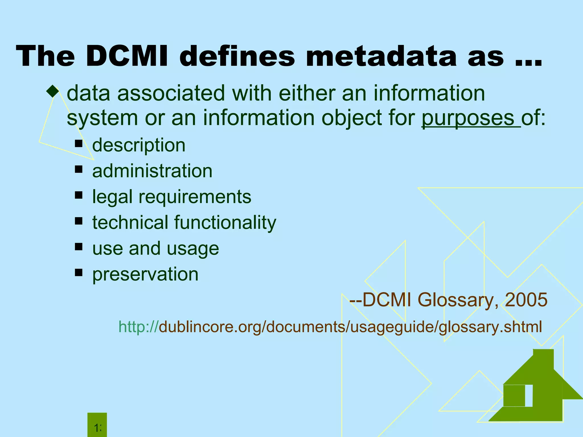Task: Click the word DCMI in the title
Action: click(x=127, y=56)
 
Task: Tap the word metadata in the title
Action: click(x=381, y=56)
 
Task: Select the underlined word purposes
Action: click(x=468, y=118)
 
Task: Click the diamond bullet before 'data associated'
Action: click(x=53, y=92)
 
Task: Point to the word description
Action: click(x=139, y=145)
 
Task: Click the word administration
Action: click(x=152, y=171)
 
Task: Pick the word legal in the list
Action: click(x=112, y=197)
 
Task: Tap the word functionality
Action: click(x=225, y=222)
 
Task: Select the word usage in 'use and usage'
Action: click(x=193, y=248)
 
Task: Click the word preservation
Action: click(x=145, y=274)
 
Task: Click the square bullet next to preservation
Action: click(x=79, y=273)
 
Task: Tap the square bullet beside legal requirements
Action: click(x=79, y=195)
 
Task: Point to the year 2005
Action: click(x=526, y=300)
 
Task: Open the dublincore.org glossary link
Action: click(x=330, y=327)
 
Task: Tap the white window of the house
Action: click(x=529, y=395)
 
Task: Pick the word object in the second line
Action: click(x=351, y=118)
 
